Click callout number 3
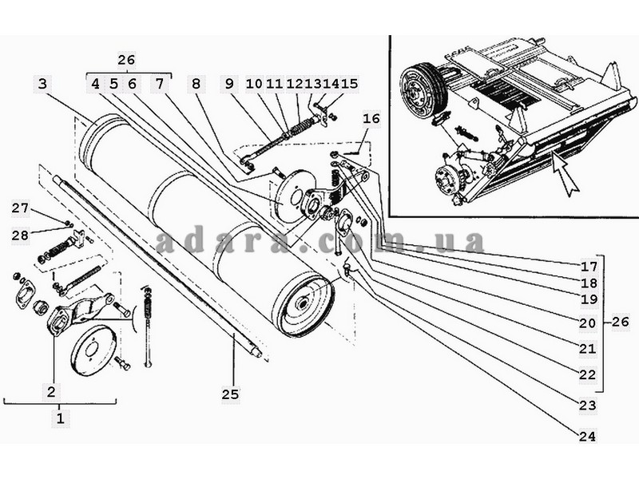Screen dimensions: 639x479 (43, 84)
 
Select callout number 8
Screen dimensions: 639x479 (196, 84)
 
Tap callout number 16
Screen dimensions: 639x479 (371, 119)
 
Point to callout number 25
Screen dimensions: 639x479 (230, 394)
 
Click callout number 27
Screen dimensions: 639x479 (20, 208)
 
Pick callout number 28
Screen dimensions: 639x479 (20, 235)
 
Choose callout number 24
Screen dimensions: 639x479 (587, 436)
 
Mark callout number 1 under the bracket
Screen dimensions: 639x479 (60, 418)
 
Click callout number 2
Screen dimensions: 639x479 (51, 392)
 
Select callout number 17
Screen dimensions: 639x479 (589, 267)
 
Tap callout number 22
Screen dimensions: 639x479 (587, 374)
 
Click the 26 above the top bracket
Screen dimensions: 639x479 (126, 60)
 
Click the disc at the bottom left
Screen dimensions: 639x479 (93, 350)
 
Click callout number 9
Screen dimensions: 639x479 (229, 84)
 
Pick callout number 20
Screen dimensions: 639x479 (587, 323)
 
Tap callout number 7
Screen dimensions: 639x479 (159, 84)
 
